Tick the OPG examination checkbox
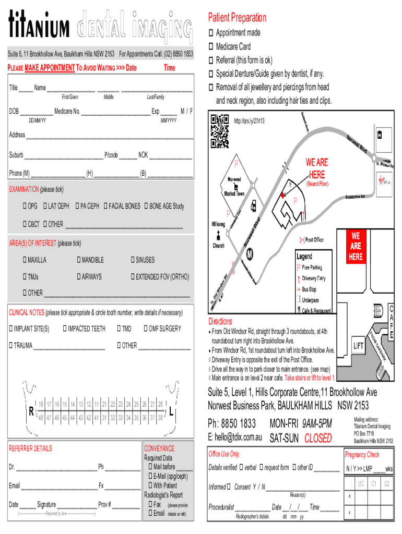25,206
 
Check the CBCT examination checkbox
25,224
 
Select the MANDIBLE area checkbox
79,260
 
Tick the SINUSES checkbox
133,260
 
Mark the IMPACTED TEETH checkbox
64,329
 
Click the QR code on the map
220,131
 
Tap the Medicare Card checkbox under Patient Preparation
211,46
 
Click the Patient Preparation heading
237,18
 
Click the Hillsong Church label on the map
218,235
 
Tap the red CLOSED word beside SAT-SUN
318,438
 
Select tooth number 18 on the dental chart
41,404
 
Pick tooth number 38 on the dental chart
160,417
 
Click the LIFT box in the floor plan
359,345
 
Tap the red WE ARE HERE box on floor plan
356,246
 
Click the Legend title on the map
304,257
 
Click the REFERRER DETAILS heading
30,448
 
